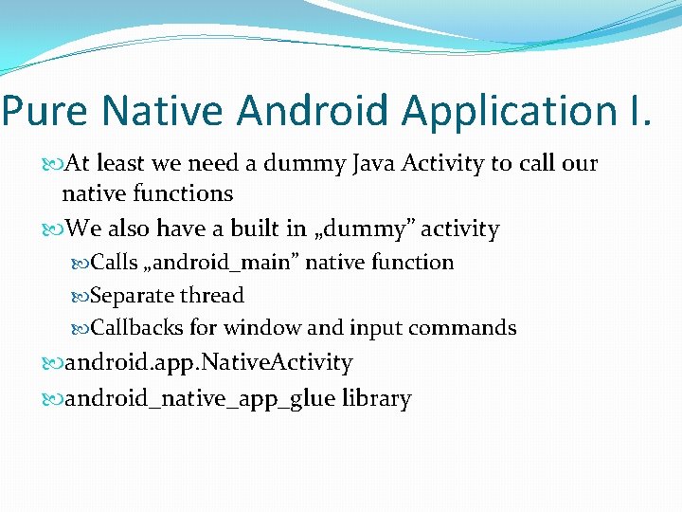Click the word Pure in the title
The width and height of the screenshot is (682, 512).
pyautogui.click(x=47, y=111)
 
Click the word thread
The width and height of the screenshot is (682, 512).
pyautogui.click(x=213, y=296)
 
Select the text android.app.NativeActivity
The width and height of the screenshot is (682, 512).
pyautogui.click(x=208, y=363)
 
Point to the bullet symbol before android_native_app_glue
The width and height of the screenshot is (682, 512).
pyautogui.click(x=52, y=399)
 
